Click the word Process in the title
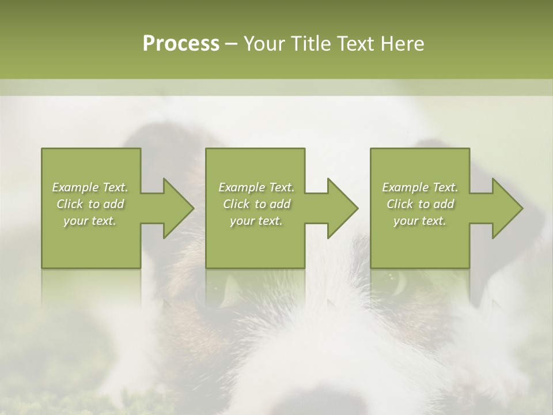181,44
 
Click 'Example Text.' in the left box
90,187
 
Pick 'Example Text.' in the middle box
256,187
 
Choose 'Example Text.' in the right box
420,187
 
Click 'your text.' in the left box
90,221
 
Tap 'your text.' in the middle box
256,221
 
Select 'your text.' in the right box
420,221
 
